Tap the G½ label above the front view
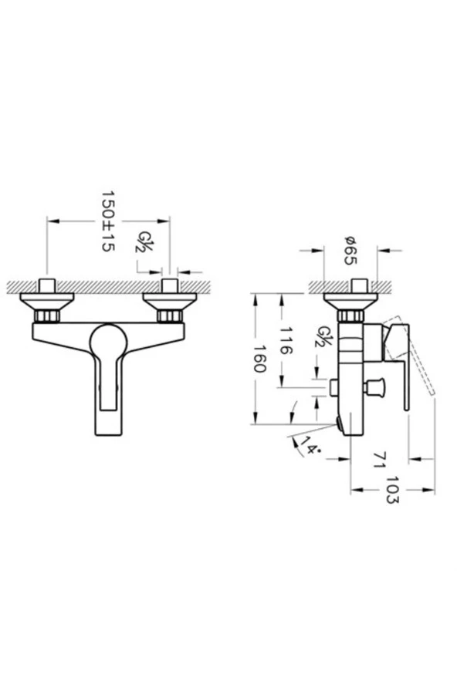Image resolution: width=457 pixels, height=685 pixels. pos(144,242)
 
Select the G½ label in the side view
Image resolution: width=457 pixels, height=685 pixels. pos(319,337)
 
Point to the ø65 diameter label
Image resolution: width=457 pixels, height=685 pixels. pos(350,249)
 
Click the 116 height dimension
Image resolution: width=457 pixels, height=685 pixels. pos(286,340)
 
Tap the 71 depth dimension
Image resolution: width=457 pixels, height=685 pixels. pos(378,461)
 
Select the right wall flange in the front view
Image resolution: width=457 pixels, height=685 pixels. pos(167,298)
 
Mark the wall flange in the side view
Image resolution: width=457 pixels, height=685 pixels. pos(351,299)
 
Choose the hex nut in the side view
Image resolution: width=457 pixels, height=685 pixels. pos(351,315)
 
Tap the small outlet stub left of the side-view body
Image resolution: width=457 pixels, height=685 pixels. pos(335,386)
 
